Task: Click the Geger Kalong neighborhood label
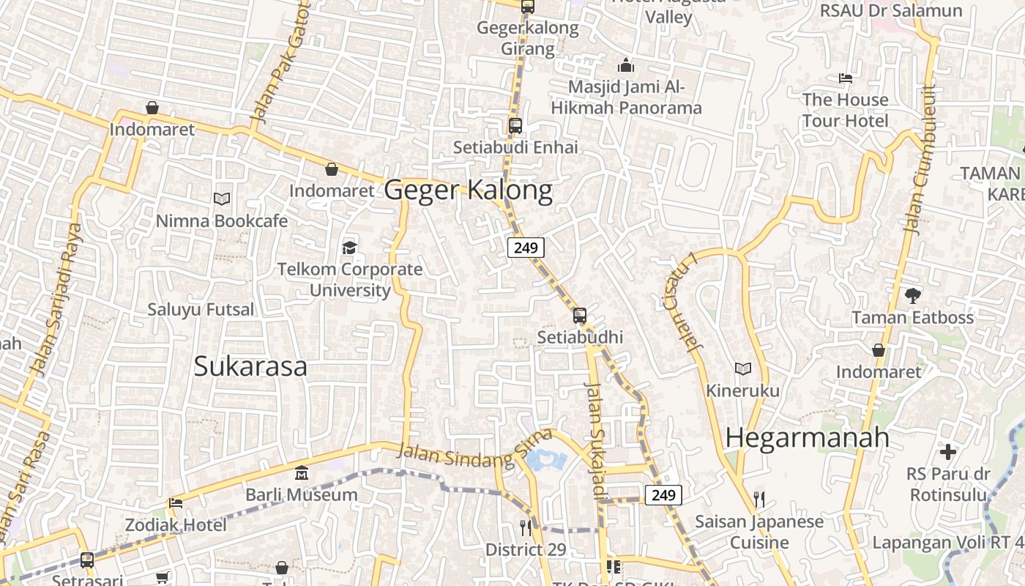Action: [468, 190]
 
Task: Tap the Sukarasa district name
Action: [250, 366]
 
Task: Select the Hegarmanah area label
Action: [808, 437]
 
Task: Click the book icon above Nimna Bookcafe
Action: [222, 199]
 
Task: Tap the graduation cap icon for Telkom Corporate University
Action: [349, 248]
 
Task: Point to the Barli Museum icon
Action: [301, 473]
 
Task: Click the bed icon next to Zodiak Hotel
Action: [176, 503]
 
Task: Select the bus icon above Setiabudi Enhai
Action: [515, 125]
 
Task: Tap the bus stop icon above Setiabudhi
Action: [580, 316]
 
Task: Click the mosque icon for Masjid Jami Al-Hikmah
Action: [626, 66]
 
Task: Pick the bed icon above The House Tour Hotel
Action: [845, 78]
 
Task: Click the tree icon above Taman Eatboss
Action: [912, 296]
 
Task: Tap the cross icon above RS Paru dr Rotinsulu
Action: [948, 451]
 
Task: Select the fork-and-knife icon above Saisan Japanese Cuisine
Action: [759, 500]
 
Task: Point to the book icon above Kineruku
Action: [743, 368]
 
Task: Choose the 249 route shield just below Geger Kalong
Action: [526, 248]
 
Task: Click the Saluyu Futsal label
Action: [201, 309]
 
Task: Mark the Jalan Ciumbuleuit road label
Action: [921, 160]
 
